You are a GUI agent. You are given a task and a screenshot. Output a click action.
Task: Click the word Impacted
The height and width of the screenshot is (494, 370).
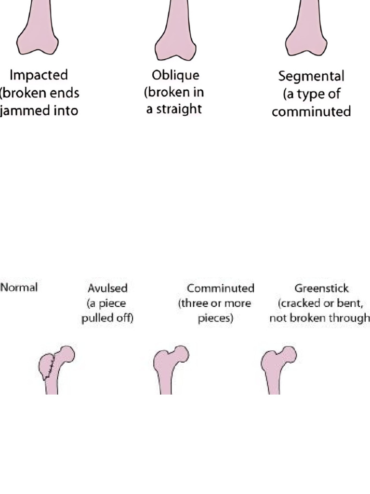point(39,75)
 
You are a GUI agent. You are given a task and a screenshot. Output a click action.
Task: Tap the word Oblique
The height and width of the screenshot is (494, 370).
point(175,76)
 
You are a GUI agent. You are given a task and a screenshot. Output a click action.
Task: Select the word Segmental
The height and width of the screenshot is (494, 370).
point(311,76)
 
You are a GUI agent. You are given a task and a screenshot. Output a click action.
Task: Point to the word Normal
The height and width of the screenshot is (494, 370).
point(19,288)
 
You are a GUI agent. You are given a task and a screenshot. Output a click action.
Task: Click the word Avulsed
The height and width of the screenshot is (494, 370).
point(107,288)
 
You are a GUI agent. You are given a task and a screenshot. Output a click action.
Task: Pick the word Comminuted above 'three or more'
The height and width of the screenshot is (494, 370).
point(220,288)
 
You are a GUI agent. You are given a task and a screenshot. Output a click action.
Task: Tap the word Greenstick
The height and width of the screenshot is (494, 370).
point(321,288)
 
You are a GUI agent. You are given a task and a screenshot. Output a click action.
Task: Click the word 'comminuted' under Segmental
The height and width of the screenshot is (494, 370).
point(311,112)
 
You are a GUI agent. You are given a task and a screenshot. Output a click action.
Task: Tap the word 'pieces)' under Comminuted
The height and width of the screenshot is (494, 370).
point(215,318)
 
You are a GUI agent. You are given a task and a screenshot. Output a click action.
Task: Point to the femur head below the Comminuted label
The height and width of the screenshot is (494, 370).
point(181,354)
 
